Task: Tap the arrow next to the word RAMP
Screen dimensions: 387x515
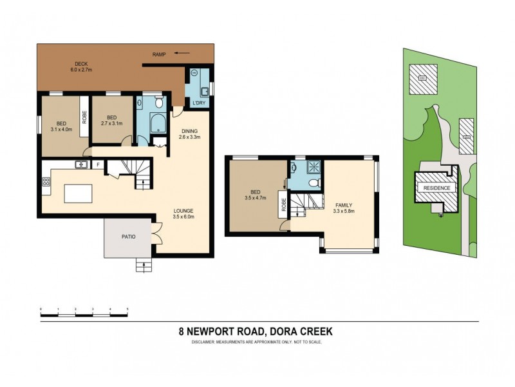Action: [x=182, y=55]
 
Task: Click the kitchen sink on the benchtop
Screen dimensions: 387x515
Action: [x=82, y=164]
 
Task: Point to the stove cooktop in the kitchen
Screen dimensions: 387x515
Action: [x=46, y=183]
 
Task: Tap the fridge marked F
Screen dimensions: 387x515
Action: [x=97, y=165]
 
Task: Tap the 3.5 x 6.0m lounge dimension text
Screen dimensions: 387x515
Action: [x=183, y=217]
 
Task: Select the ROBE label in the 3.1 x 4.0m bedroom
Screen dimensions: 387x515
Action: [x=84, y=117]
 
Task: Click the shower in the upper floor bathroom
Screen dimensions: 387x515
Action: [x=311, y=167]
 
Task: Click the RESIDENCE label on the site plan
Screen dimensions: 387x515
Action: [x=438, y=188]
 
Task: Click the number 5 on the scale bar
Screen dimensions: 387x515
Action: [x=127, y=310]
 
